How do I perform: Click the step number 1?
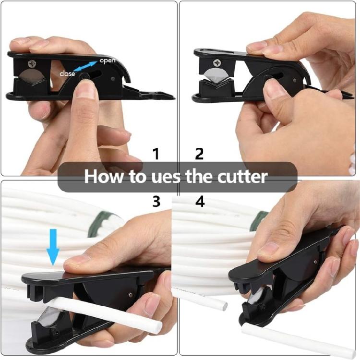click(x=156, y=154)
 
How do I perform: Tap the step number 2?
click(x=199, y=154)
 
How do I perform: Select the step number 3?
click(x=156, y=201)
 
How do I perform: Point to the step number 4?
click(x=200, y=201)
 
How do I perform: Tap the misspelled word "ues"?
click(x=168, y=177)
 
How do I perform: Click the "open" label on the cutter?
click(x=107, y=61)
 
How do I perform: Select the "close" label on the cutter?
click(x=67, y=74)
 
